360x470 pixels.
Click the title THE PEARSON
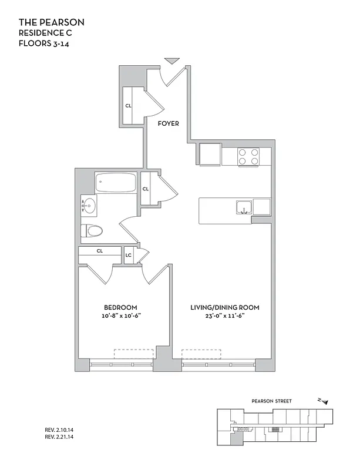[52, 22]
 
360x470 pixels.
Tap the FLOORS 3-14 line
[45, 43]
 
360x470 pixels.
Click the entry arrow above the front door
[171, 61]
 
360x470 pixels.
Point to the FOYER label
[169, 123]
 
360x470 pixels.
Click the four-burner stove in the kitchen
[248, 156]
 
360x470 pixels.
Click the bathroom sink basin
[89, 206]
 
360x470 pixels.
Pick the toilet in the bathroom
[92, 231]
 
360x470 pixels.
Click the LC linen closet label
[129, 256]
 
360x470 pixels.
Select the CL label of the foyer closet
[128, 106]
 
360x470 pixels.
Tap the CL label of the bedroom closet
[100, 251]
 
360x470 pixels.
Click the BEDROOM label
[120, 307]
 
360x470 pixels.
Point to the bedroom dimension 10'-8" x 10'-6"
[120, 316]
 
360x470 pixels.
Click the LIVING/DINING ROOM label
[224, 307]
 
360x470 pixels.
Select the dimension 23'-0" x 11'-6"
[224, 316]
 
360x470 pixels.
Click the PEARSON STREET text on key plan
[271, 401]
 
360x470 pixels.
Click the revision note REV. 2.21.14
[62, 437]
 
